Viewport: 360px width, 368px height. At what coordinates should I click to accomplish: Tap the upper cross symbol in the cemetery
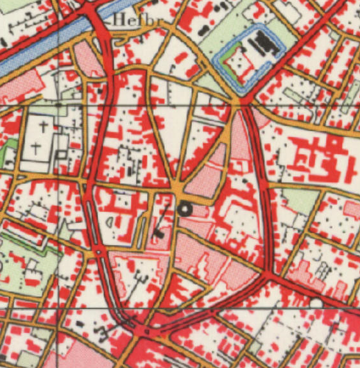(44, 127)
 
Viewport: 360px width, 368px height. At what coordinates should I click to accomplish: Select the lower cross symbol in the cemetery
(37, 149)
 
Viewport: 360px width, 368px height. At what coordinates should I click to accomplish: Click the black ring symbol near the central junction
(185, 208)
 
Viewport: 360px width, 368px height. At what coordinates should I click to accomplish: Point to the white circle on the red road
(316, 302)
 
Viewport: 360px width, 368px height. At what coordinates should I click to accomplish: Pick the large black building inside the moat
(265, 44)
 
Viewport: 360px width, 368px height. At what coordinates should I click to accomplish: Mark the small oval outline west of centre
(109, 222)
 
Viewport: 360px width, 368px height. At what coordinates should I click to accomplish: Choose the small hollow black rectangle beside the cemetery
(59, 155)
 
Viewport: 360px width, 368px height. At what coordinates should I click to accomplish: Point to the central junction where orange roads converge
(179, 192)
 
